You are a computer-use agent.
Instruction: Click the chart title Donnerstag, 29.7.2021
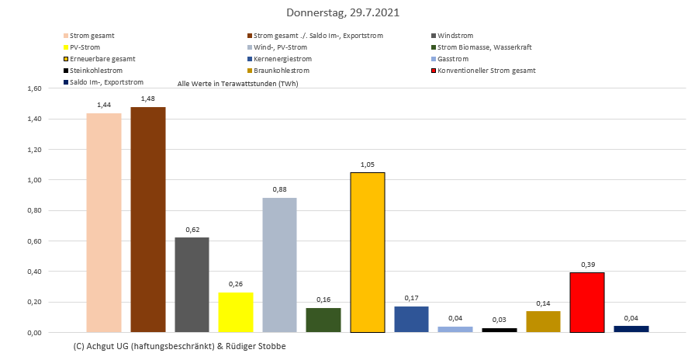(x=343, y=13)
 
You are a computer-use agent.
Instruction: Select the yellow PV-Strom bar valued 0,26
(x=236, y=312)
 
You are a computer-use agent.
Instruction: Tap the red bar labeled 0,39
(x=587, y=302)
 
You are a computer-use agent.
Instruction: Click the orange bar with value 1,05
(x=368, y=252)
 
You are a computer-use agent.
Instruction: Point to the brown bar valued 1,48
(x=148, y=220)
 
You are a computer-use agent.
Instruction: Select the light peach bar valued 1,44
(x=104, y=223)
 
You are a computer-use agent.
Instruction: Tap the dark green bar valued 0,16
(x=323, y=320)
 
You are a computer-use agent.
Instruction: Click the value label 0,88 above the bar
(x=279, y=189)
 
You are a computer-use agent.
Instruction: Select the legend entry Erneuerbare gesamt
(x=102, y=59)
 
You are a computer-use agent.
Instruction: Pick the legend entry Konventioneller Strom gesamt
(x=486, y=71)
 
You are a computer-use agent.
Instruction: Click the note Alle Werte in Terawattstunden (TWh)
(x=238, y=83)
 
